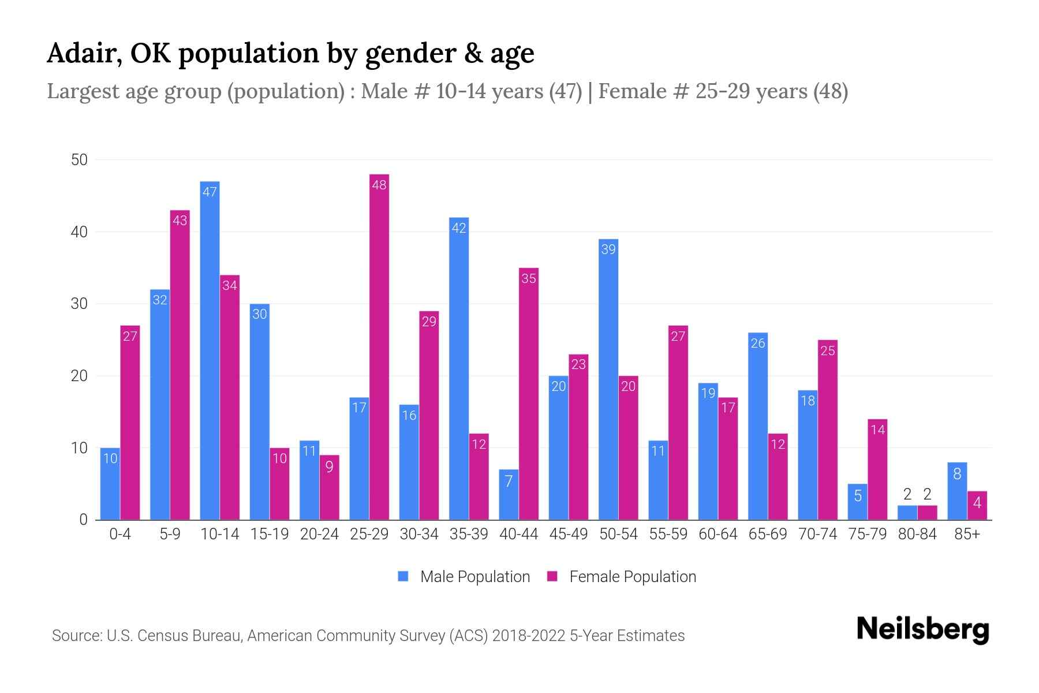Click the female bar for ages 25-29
(x=379, y=346)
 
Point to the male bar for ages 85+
(x=957, y=491)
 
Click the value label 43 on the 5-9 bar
(x=180, y=221)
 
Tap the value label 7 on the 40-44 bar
(x=509, y=481)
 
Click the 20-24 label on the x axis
(x=319, y=534)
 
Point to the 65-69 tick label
(x=768, y=534)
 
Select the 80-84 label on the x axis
(x=917, y=534)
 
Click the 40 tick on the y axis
(x=79, y=232)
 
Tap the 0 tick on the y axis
(x=83, y=520)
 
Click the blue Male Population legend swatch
(x=403, y=576)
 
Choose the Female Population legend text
(x=633, y=576)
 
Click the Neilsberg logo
(x=922, y=629)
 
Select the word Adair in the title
(x=84, y=53)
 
